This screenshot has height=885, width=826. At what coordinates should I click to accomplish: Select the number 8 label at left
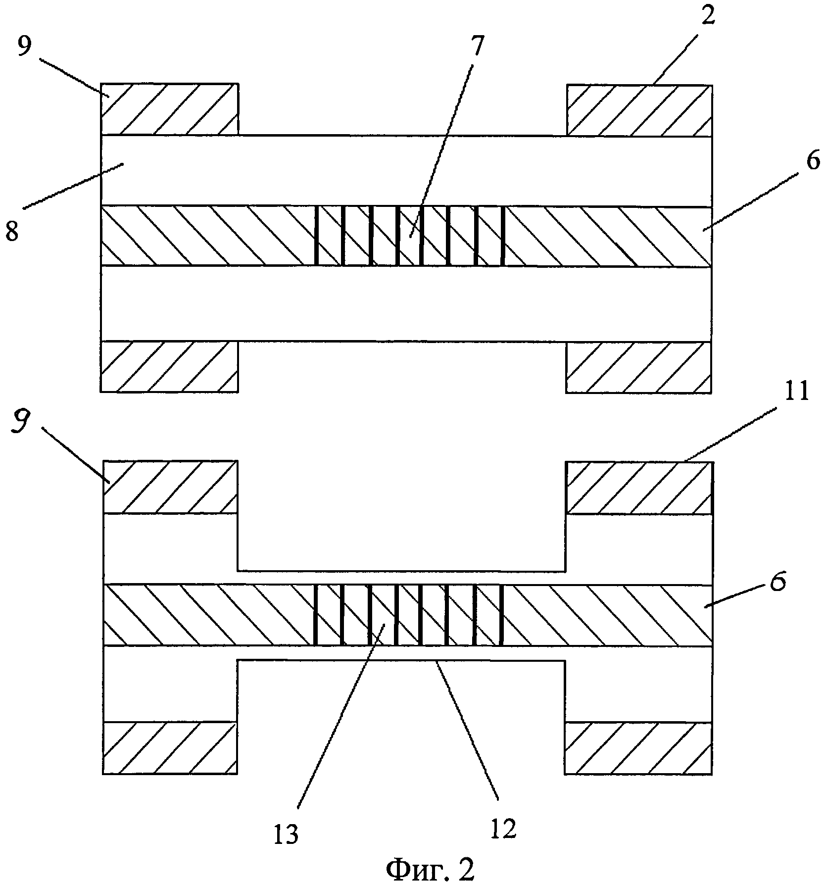13,231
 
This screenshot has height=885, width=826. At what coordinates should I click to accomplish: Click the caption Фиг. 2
430,870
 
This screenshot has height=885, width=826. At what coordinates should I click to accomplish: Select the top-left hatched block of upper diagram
169,109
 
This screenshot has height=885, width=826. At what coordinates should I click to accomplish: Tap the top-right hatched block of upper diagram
639,110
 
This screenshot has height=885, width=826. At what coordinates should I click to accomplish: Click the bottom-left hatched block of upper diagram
169,367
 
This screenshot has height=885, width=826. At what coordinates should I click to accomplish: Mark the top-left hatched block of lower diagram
170,487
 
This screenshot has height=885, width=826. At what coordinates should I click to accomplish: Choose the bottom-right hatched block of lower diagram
638,748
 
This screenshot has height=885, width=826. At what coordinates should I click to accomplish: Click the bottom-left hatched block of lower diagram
170,748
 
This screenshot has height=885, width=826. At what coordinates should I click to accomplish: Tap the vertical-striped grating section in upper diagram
410,236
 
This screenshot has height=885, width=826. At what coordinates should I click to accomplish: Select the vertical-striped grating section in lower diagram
410,615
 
